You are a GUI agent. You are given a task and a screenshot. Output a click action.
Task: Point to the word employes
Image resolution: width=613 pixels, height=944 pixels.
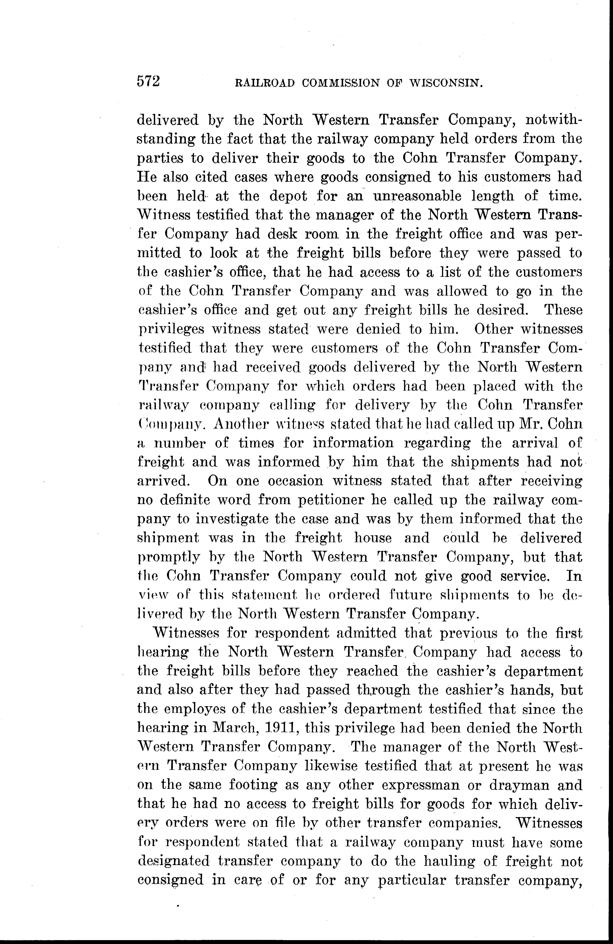pos(197,709)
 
